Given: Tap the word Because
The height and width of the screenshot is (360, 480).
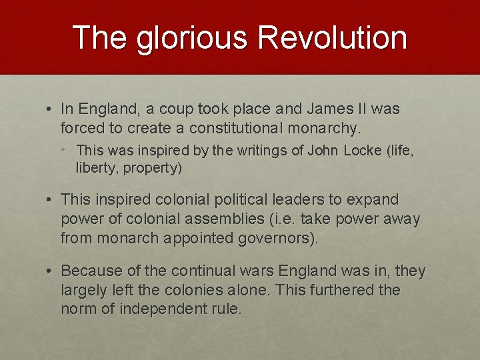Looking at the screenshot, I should coord(89,271).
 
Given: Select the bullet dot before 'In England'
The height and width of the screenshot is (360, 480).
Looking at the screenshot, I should coord(50,109).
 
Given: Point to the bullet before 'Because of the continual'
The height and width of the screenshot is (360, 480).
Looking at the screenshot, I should coord(50,271).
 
